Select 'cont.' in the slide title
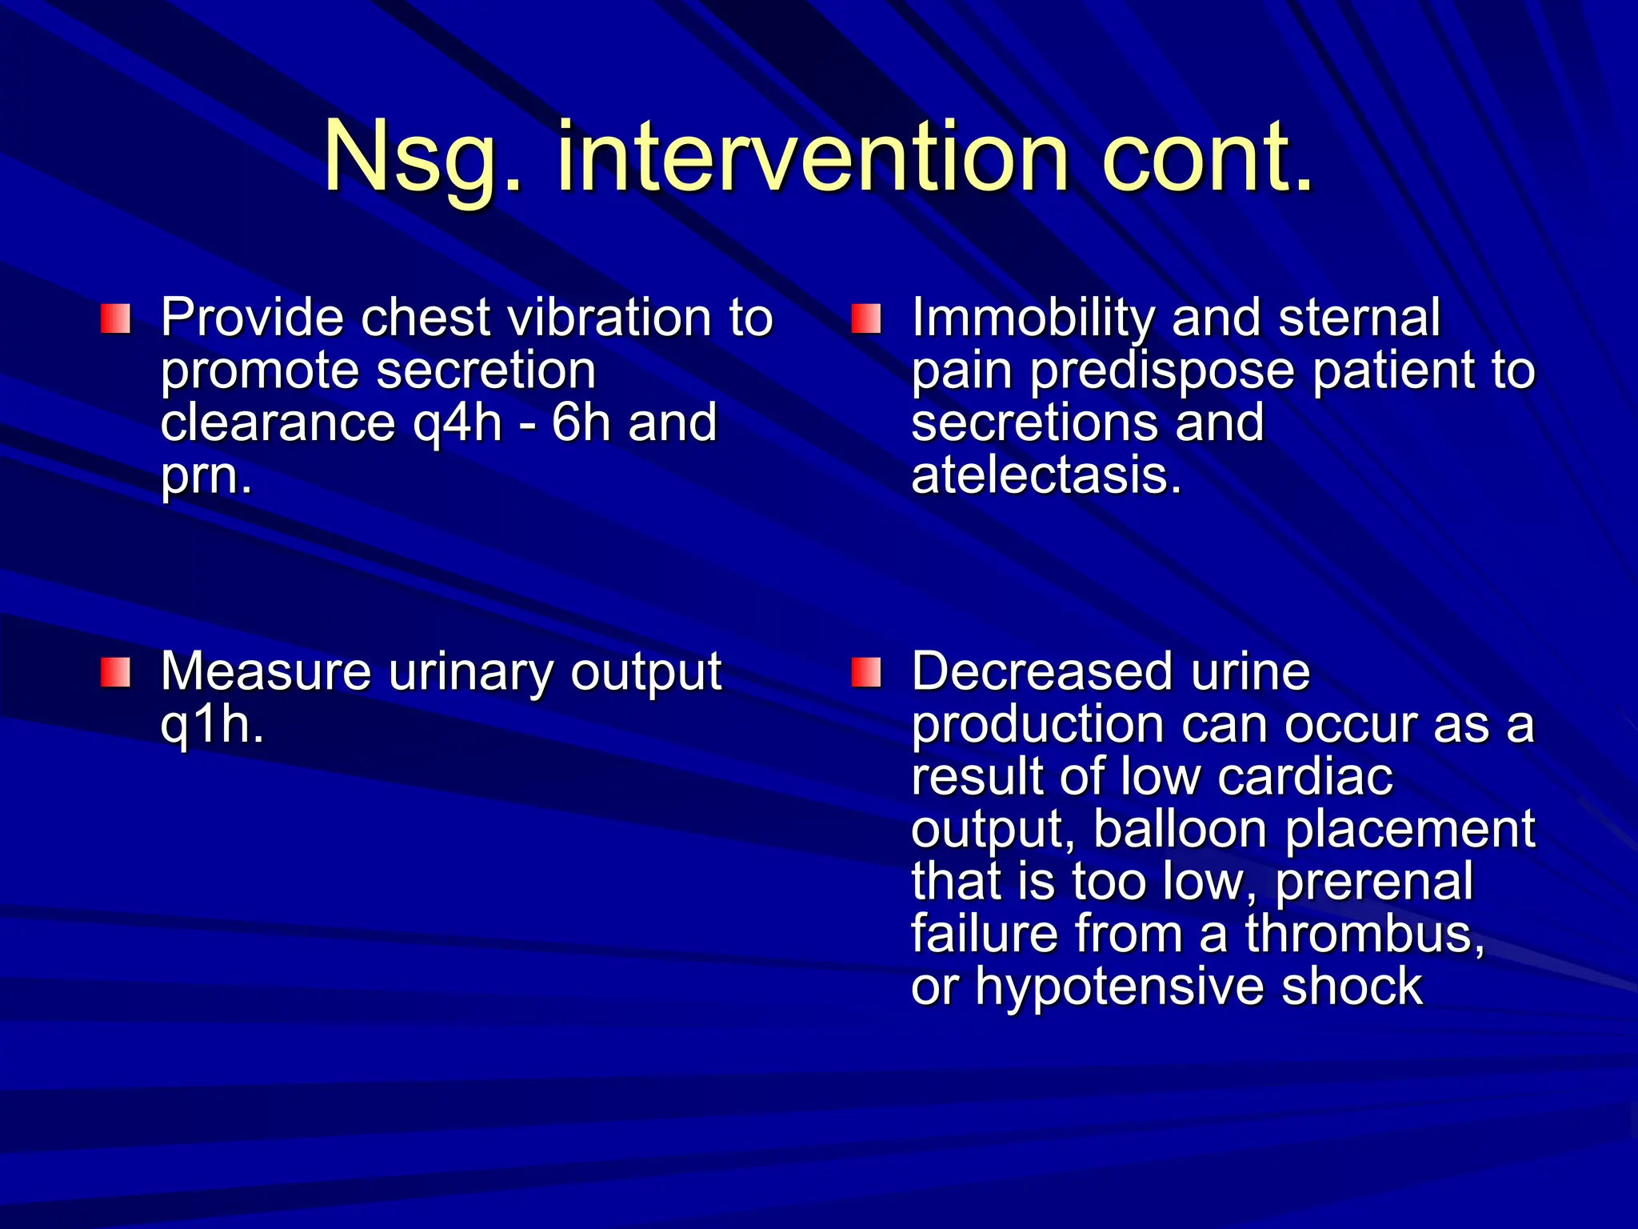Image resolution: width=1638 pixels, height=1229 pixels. (1208, 158)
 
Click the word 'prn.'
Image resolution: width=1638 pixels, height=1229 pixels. (206, 476)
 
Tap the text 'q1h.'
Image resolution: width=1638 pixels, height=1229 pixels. (212, 724)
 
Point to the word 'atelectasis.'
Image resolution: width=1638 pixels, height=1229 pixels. (1046, 475)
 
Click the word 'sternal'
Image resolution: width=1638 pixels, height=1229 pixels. (1359, 318)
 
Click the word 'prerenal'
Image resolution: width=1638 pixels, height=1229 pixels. (1373, 882)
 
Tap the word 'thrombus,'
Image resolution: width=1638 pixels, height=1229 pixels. (1364, 934)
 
